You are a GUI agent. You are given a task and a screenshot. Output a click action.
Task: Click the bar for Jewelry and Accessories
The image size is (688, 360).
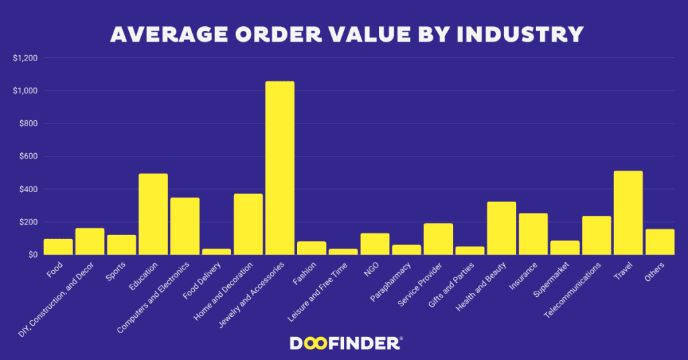point(279,168)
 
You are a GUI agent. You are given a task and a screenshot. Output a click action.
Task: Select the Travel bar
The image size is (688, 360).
point(628,213)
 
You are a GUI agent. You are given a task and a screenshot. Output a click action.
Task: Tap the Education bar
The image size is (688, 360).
point(153,214)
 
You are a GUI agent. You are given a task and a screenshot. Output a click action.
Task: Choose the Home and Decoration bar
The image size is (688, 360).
point(248,224)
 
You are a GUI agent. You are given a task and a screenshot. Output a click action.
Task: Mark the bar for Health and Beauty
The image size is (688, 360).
point(501,228)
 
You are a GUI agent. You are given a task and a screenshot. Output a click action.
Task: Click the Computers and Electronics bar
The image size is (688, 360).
point(185,226)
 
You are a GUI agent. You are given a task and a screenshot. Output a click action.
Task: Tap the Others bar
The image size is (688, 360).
point(660,242)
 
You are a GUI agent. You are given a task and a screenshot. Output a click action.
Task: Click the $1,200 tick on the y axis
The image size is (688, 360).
point(25,58)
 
